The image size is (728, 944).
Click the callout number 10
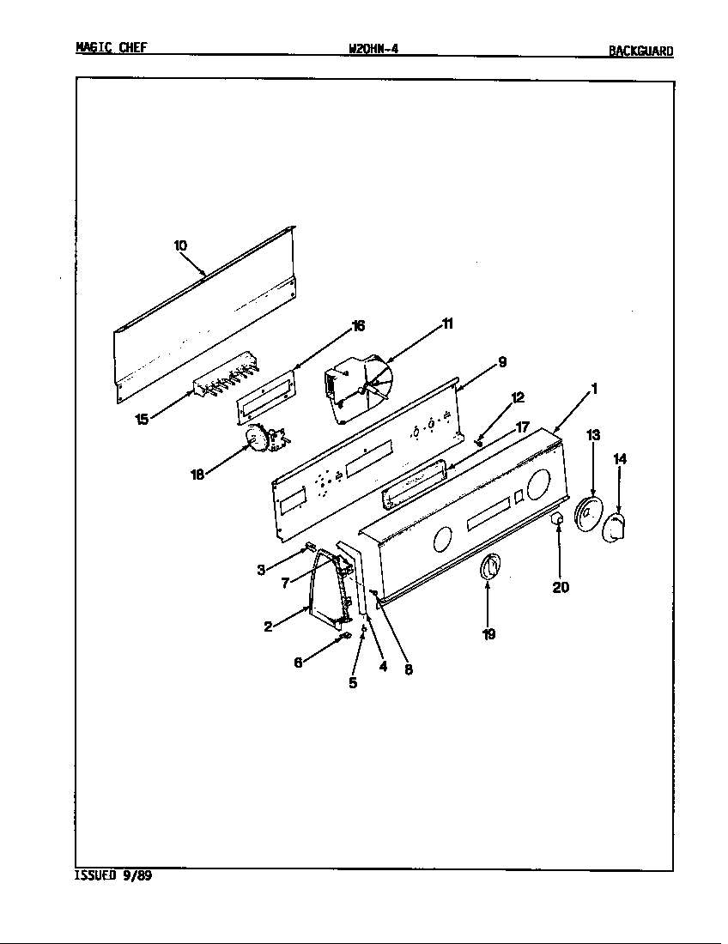click(x=180, y=245)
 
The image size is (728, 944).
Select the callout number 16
click(x=358, y=325)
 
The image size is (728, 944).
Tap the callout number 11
click(x=447, y=324)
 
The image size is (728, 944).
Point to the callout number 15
click(x=143, y=419)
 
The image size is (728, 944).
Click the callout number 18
click(x=197, y=474)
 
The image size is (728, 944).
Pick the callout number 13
click(x=593, y=436)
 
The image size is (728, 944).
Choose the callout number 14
click(x=620, y=459)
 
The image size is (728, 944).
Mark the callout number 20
click(x=560, y=588)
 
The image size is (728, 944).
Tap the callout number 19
click(x=488, y=634)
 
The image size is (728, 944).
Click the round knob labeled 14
click(x=615, y=528)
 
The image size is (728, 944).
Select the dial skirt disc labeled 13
click(x=586, y=513)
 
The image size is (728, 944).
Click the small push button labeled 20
click(x=556, y=519)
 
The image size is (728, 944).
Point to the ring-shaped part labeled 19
click(x=488, y=568)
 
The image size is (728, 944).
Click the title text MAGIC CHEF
click(x=111, y=48)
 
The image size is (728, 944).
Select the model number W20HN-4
click(x=373, y=49)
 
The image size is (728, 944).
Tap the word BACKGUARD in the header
click(x=640, y=51)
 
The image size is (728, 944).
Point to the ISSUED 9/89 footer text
click(x=112, y=877)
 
